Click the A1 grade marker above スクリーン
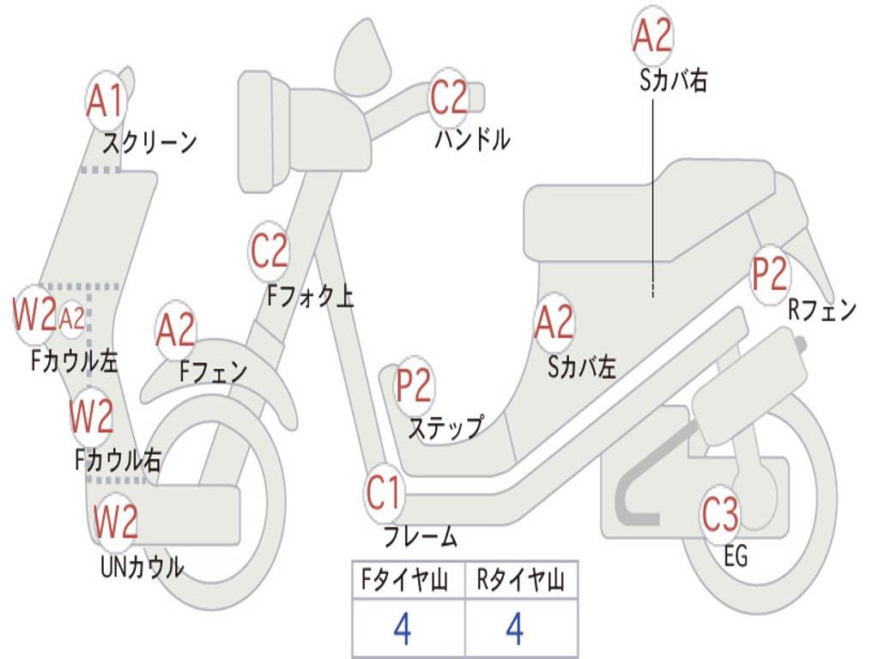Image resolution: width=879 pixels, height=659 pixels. point(106,101)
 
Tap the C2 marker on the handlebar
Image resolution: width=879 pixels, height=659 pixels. point(448,96)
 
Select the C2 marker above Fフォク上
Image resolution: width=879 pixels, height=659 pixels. point(270,249)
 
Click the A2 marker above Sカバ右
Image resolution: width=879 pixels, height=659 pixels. point(652,35)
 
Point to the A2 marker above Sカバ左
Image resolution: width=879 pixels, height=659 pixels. point(554,322)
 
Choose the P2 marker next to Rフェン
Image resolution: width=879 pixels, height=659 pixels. point(769,274)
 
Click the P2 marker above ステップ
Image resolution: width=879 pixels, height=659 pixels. point(414,385)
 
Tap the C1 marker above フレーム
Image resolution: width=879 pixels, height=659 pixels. point(385,493)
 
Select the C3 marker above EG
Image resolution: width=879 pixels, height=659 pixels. point(719,515)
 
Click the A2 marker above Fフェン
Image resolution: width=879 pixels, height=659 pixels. point(175,329)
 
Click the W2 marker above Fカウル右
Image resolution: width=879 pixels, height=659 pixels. point(92,416)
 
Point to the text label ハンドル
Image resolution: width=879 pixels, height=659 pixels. point(472,139)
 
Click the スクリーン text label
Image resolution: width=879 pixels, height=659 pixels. point(149,142)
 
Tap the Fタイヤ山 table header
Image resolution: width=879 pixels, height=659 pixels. point(403,582)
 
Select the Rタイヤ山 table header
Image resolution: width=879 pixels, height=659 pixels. point(520,582)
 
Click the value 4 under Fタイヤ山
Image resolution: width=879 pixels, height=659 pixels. point(402,629)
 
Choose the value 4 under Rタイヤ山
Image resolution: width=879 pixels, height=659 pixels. point(514,629)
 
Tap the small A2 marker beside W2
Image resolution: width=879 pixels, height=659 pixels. point(72,318)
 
